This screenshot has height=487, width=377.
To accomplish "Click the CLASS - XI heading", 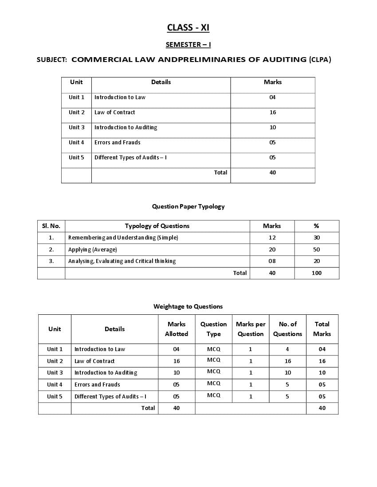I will (x=188, y=28).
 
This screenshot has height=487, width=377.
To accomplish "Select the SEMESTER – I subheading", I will (x=188, y=44).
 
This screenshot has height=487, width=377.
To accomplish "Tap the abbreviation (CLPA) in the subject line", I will (x=320, y=59).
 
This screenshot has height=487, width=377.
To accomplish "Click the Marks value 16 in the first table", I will (x=273, y=112).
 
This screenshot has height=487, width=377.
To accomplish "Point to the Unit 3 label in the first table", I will (x=76, y=128).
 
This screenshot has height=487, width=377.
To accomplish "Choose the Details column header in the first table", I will (x=161, y=82).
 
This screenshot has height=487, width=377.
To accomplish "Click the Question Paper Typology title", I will (x=188, y=206).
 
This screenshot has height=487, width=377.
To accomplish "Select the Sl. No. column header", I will (x=51, y=226).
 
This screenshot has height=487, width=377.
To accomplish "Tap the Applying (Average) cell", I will (x=93, y=250).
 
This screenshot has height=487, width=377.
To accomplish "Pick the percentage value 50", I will (x=317, y=250).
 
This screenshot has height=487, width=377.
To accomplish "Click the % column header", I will (x=316, y=226).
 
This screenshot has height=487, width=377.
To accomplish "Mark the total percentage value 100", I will (x=317, y=273).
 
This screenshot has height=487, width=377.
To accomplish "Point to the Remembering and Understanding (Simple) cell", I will (x=123, y=238).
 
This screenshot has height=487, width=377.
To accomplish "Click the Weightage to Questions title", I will (x=188, y=306).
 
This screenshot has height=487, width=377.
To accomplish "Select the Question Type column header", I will (x=213, y=329).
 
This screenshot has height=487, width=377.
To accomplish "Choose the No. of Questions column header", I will (x=287, y=329).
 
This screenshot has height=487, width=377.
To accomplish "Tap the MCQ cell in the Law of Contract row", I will (x=213, y=360).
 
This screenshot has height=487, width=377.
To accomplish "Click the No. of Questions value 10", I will (x=287, y=373).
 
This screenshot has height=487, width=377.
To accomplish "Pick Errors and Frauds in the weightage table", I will (x=97, y=385).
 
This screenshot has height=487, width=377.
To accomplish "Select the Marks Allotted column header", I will (x=177, y=329).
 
